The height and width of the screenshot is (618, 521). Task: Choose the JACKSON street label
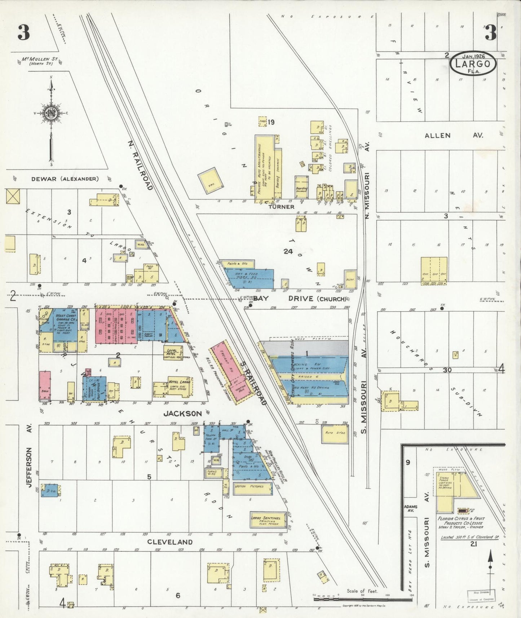tap(182, 414)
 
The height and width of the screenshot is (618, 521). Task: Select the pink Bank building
tap(45, 385)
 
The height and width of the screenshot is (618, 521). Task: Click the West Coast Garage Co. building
tap(65, 323)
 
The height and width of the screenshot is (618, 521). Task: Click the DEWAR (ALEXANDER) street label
tap(65, 179)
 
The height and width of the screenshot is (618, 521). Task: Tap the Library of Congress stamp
tap(481, 595)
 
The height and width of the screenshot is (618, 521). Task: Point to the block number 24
tap(288, 252)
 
